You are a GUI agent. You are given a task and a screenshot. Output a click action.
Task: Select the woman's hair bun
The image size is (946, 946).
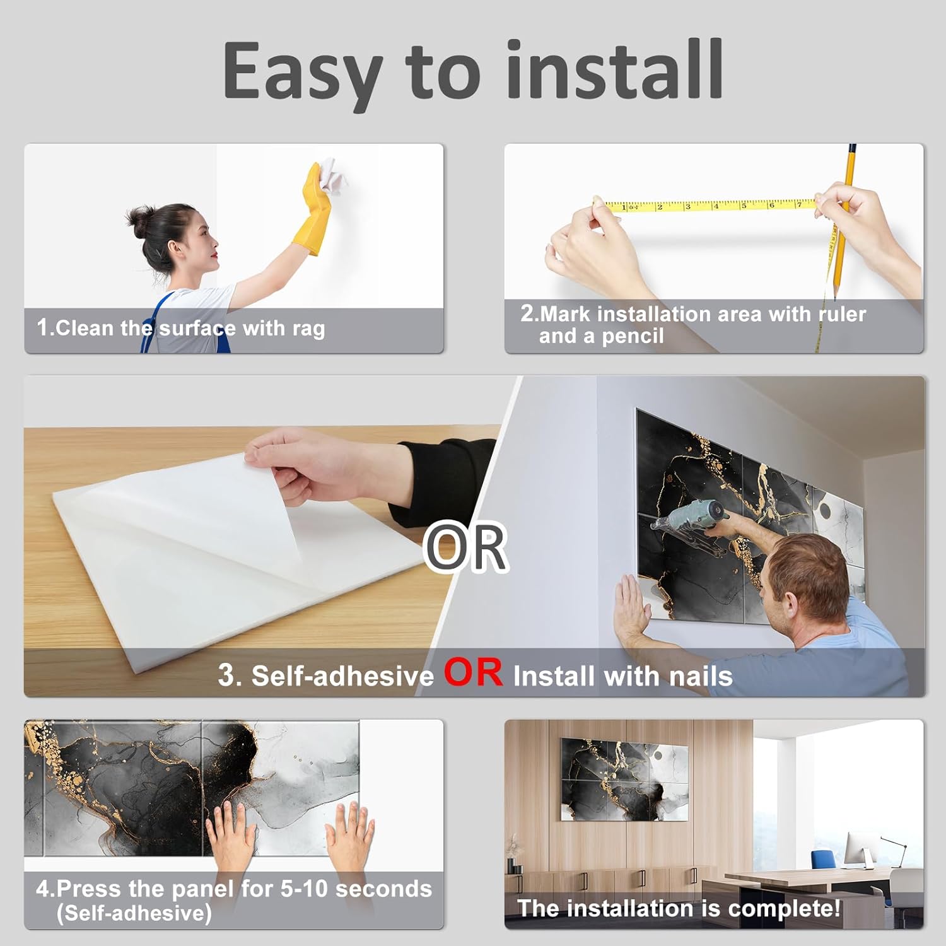coord(138,218)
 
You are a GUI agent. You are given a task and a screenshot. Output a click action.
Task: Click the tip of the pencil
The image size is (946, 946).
coord(836,296)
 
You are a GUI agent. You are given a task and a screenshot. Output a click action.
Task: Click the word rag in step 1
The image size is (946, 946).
coord(308,329)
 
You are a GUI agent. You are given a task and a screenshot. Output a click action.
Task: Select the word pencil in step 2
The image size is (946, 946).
coord(633,337)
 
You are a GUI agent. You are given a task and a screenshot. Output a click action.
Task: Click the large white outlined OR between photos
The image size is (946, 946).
coord(466,547)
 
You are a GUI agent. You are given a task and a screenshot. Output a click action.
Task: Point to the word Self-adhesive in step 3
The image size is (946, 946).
coord(342,676)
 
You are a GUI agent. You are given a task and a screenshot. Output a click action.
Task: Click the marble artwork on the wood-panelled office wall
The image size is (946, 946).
coord(624,780)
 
